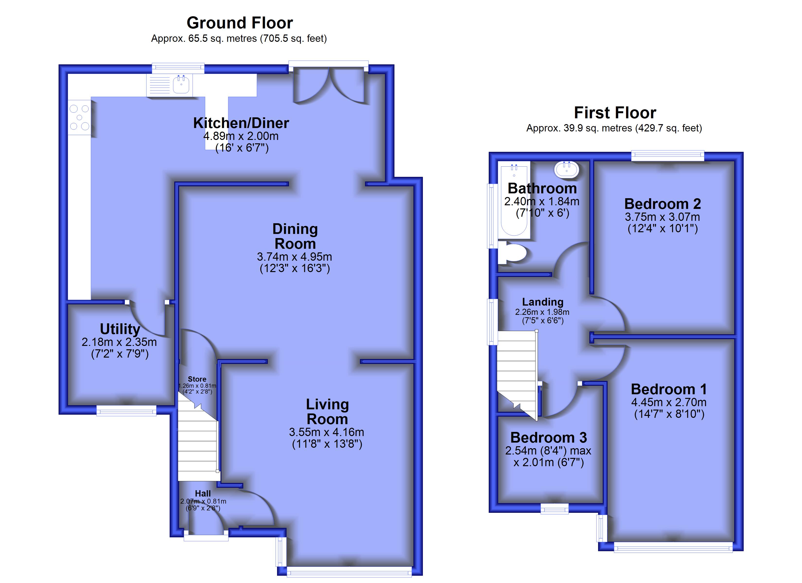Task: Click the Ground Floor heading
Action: [x=240, y=23]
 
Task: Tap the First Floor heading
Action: [x=615, y=113]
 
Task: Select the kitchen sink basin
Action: [x=181, y=85]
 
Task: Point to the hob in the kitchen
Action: [x=79, y=117]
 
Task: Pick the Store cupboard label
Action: [x=197, y=379]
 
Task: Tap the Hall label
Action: [x=203, y=494]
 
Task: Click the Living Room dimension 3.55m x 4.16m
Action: [x=326, y=432]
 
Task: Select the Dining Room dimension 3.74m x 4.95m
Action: [x=295, y=257]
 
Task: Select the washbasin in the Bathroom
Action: [x=567, y=169]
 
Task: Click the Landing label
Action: [x=543, y=302]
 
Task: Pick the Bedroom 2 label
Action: [x=663, y=204]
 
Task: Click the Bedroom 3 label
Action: [x=549, y=438]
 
